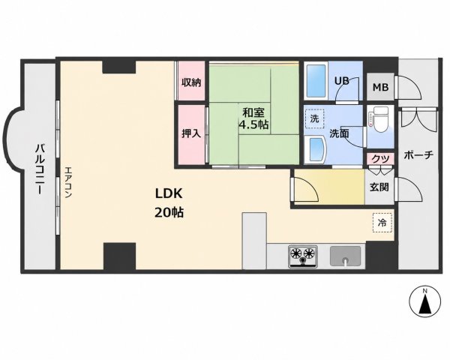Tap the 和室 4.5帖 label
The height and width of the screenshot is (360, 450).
254,118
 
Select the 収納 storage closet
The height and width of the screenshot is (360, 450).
191,81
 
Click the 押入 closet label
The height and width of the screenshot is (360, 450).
191,133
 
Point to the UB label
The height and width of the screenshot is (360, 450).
342,81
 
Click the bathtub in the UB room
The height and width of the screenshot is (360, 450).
316,81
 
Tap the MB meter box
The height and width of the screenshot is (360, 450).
380,86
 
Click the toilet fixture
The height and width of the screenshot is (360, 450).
379,119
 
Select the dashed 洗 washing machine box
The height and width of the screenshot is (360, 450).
314,118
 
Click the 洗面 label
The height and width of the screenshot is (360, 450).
339,133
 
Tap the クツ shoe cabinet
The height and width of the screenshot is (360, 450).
380,158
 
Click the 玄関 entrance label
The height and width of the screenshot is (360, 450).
379,187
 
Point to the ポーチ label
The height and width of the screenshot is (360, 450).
418,155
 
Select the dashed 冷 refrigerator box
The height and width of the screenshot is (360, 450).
382,223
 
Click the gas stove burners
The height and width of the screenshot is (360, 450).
303,256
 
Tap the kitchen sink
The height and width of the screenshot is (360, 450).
345,256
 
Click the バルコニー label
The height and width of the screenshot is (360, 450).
40,169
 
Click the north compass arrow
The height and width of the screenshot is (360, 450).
424,303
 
